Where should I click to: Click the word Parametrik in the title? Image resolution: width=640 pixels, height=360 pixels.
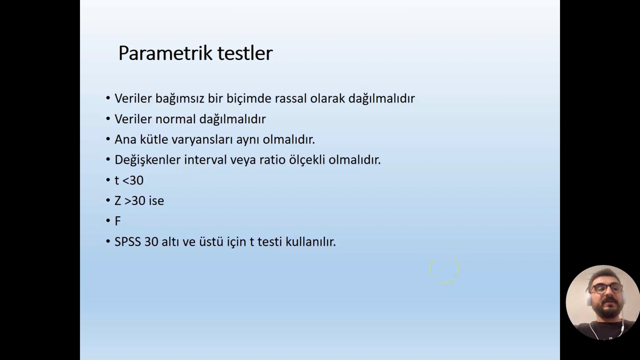(165, 53)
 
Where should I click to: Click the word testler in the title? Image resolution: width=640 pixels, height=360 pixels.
(245, 53)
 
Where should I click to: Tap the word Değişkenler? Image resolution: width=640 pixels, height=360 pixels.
(148, 160)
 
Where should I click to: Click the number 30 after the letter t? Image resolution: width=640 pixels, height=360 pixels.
(136, 180)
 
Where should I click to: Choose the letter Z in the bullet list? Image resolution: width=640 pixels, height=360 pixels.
(118, 201)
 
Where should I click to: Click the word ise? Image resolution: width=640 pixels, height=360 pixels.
(156, 201)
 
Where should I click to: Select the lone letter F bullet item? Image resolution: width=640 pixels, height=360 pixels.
(118, 221)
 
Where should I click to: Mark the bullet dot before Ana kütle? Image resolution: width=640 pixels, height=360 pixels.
(108, 139)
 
